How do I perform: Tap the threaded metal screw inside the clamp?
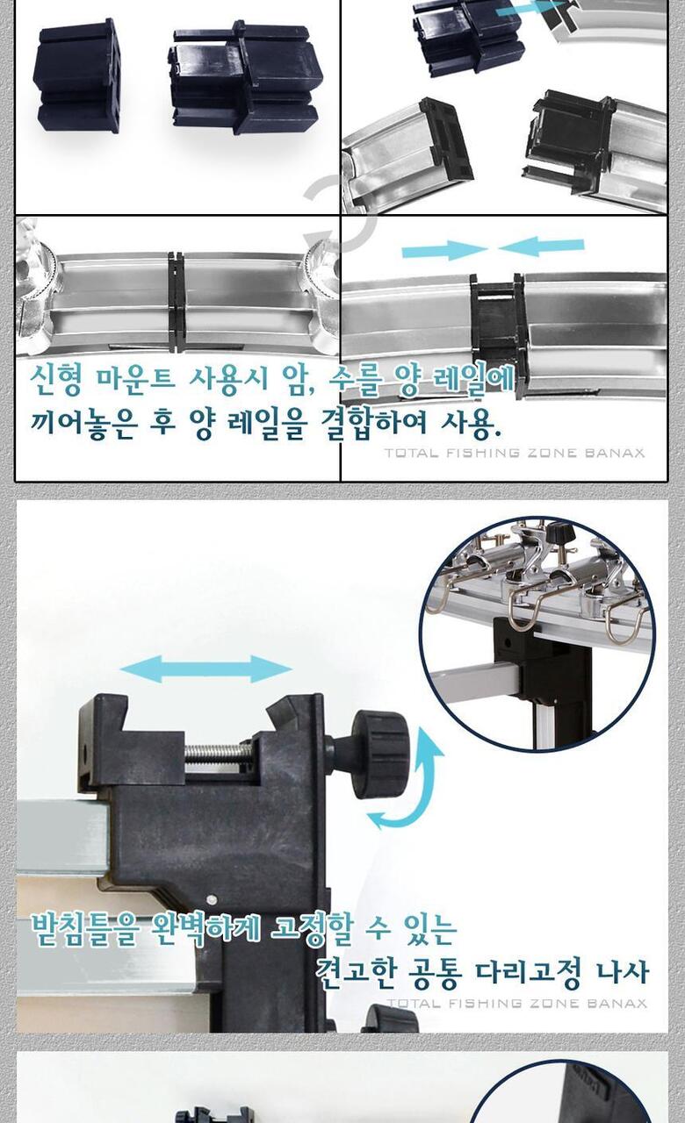tap(219, 750)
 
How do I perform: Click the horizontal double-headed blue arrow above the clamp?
tap(205, 669)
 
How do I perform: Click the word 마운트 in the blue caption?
tap(134, 378)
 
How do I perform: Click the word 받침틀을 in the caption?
tap(85, 930)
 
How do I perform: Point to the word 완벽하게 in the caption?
tap(205, 930)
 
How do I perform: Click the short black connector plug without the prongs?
tap(78, 76)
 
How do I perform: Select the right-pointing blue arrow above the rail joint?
tap(444, 249)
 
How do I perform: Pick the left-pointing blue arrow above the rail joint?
tap(542, 247)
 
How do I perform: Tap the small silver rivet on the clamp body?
tap(212, 900)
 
